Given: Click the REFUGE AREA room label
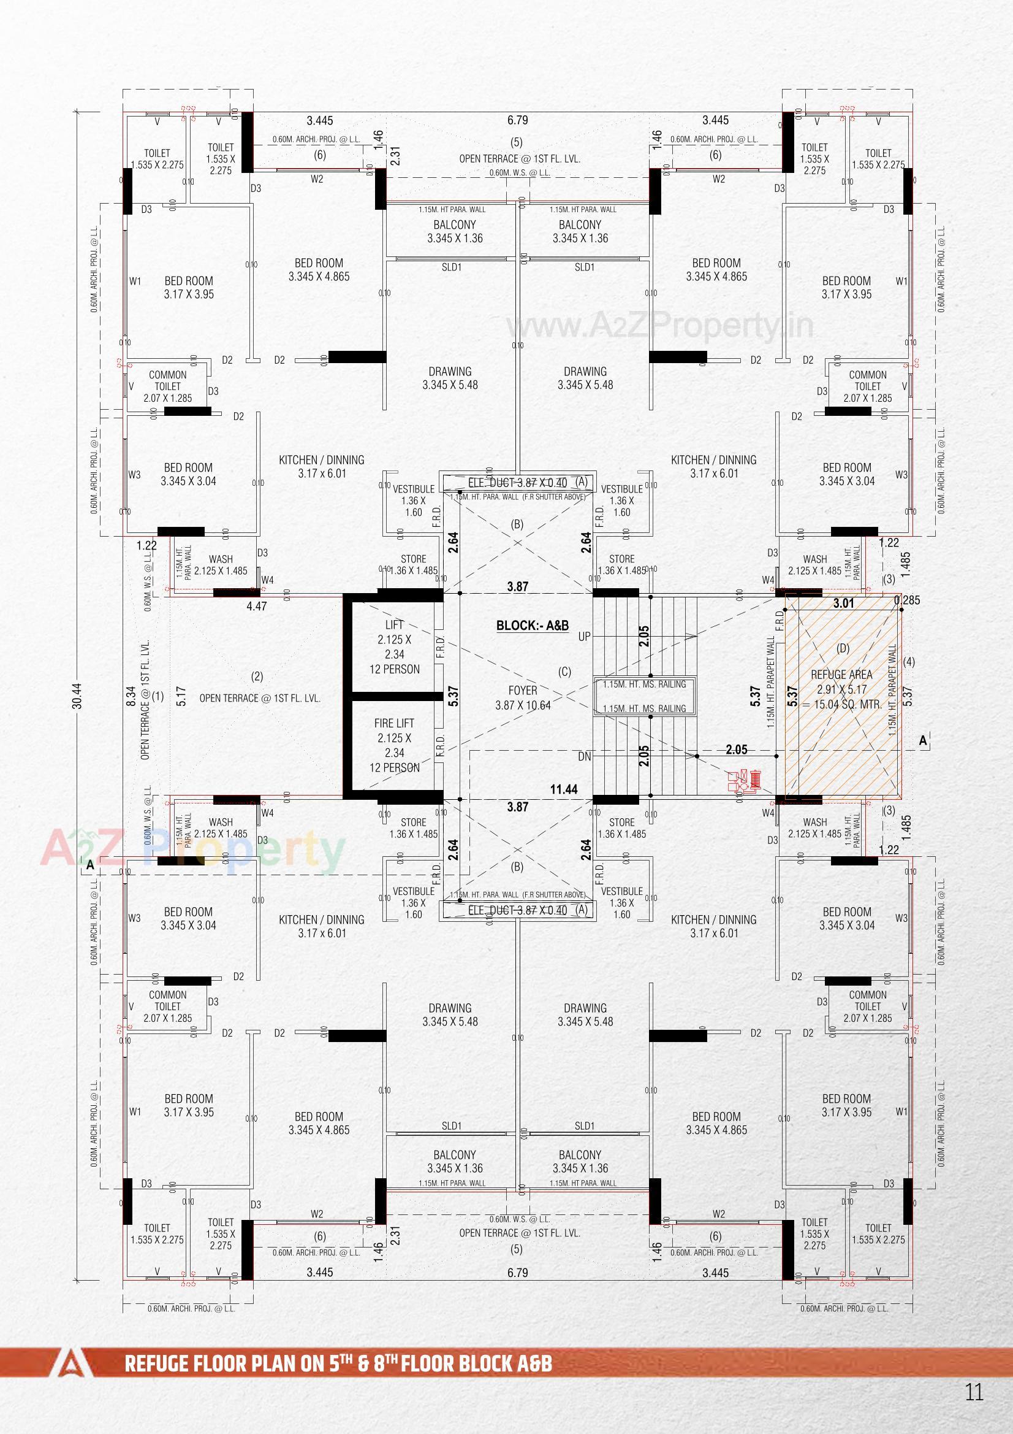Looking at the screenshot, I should (841, 675).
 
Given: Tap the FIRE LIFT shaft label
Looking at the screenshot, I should (394, 723).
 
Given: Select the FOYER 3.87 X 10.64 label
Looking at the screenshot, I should (522, 697).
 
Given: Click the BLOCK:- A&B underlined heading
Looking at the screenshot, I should (533, 625).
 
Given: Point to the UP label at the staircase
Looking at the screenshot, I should (584, 637).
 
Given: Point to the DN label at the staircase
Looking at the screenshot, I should (584, 756).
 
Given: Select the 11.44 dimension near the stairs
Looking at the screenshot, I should (564, 789).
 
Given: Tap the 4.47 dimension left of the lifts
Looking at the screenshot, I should (257, 606).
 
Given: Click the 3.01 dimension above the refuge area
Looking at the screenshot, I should (843, 604).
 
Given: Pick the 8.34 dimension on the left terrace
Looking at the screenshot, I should (131, 696).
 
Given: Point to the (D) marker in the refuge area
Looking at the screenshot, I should (843, 648).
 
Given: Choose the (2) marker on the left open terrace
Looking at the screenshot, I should (257, 676).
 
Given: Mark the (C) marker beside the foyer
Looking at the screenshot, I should (564, 672).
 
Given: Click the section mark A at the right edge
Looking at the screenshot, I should (923, 741).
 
